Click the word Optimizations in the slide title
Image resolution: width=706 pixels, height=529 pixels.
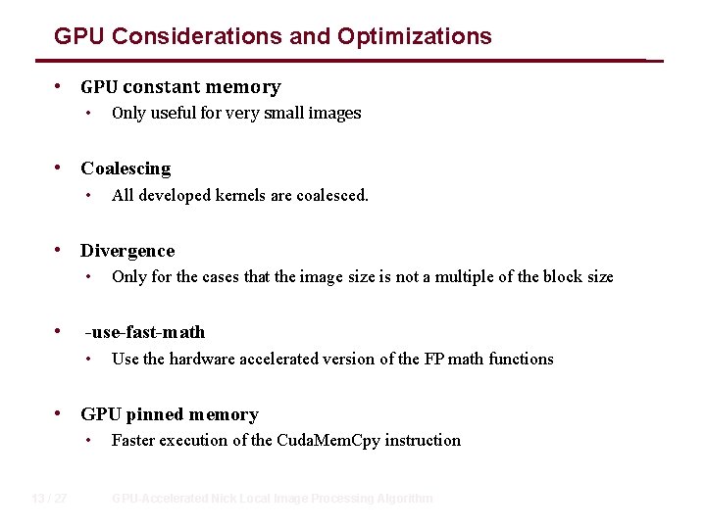click(415, 37)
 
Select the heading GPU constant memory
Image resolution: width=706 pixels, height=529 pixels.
click(180, 87)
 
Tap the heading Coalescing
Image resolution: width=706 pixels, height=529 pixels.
click(126, 168)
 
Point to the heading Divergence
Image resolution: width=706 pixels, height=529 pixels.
click(127, 251)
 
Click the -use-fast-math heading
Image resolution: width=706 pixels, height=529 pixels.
click(145, 332)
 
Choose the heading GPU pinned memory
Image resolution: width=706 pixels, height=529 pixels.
click(170, 414)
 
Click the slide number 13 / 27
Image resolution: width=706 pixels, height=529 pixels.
click(49, 499)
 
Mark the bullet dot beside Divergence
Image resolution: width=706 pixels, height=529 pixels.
click(63, 250)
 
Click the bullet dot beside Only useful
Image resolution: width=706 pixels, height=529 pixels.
click(89, 114)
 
